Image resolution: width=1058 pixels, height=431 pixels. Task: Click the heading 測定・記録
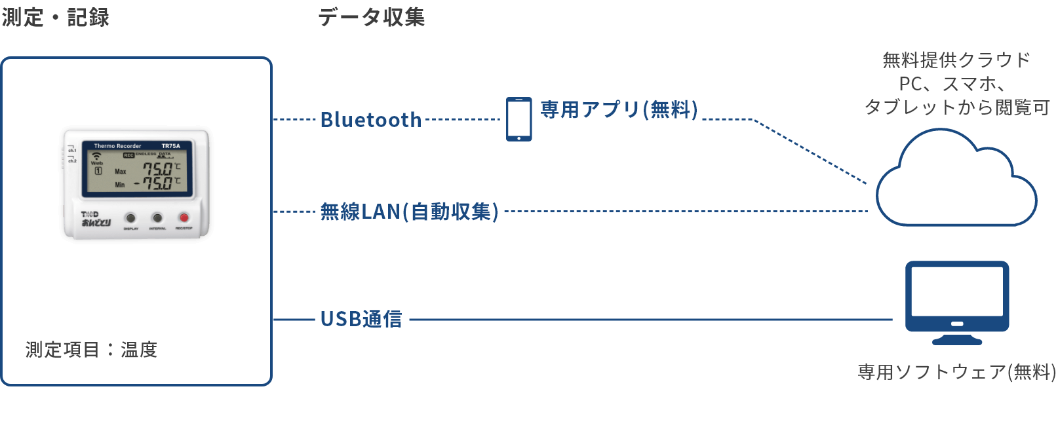56,18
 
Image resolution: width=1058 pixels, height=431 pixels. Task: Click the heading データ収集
372,18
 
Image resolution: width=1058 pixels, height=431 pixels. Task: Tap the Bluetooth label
371,120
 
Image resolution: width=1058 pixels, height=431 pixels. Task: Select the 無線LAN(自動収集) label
410,212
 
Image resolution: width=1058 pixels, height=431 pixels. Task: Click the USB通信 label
361,319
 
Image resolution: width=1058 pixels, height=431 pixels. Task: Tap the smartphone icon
519,119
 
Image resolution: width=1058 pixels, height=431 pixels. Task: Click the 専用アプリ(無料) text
619,109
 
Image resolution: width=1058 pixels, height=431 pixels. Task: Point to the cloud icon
955,183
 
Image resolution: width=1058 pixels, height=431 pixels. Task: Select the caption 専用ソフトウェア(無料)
956,372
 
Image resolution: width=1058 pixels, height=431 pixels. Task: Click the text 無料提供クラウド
956,60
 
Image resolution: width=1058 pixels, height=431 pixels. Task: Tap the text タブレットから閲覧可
956,107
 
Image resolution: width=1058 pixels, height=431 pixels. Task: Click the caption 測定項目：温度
92,350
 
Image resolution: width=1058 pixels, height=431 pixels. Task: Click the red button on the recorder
184,217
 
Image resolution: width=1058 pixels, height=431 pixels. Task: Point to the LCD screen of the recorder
137,169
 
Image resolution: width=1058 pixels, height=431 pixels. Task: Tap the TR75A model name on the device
171,146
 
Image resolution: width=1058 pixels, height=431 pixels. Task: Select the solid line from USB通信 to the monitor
649,320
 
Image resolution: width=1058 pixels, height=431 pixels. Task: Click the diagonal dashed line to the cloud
811,151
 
